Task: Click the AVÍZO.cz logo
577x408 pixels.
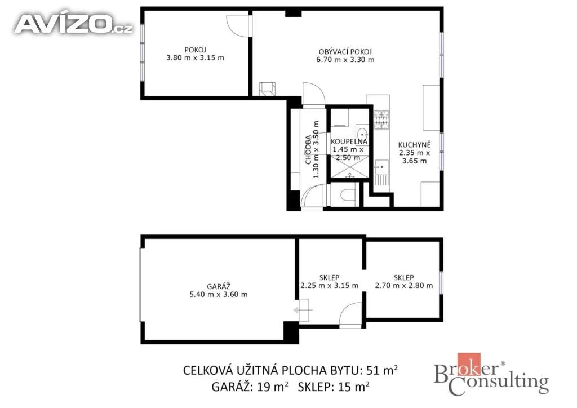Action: tap(73, 24)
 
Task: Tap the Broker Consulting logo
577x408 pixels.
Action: tap(491, 374)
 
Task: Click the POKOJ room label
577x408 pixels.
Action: tap(195, 50)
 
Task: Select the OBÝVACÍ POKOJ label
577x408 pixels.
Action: tap(345, 51)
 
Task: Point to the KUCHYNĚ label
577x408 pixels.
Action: tap(414, 145)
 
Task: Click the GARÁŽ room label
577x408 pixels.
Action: tap(219, 286)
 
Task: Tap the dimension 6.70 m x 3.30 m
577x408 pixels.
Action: tap(345, 60)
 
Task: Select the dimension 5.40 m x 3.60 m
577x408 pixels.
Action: tap(219, 294)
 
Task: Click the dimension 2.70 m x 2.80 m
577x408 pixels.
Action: tap(403, 285)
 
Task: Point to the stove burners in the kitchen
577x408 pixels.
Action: tap(381, 120)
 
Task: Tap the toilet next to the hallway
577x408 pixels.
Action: tap(347, 194)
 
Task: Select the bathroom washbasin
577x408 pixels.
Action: tap(361, 132)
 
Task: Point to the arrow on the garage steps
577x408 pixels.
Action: tap(303, 311)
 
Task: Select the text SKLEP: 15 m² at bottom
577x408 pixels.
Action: tap(334, 387)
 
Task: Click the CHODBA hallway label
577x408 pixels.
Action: tap(308, 150)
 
